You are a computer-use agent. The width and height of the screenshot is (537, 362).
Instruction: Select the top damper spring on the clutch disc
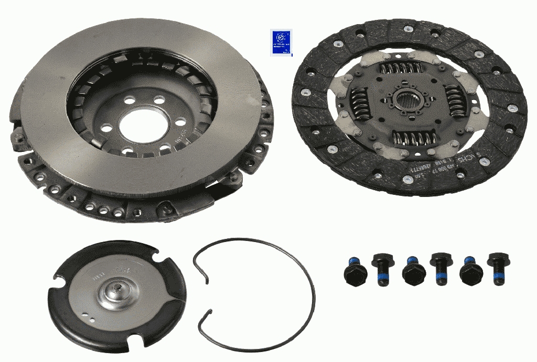[x=402, y=69]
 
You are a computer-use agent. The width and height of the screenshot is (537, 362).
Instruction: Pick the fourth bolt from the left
[x=438, y=267]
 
